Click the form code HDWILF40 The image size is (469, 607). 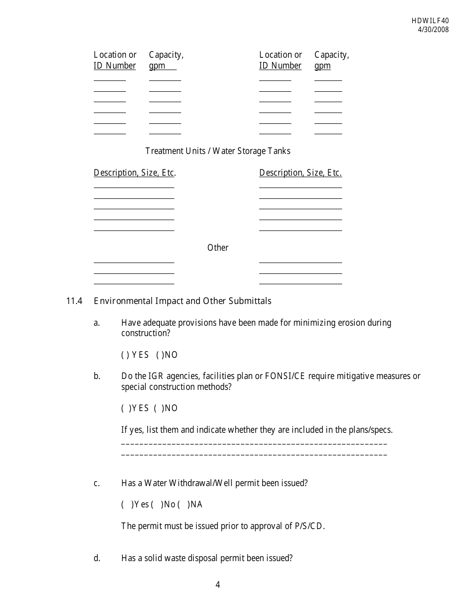(430, 21)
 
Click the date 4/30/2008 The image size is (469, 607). (433, 29)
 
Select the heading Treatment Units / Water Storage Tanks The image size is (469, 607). (218, 151)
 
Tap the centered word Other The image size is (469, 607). (218, 248)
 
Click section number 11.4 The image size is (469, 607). (74, 301)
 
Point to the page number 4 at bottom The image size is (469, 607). (218, 585)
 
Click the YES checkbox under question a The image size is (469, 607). (124, 355)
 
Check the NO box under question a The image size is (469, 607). (159, 355)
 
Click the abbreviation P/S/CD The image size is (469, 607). (310, 526)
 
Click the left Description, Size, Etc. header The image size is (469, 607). (135, 173)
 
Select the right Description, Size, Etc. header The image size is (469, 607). (300, 173)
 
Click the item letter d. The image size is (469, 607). (97, 558)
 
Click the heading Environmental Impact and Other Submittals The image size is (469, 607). (182, 301)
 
